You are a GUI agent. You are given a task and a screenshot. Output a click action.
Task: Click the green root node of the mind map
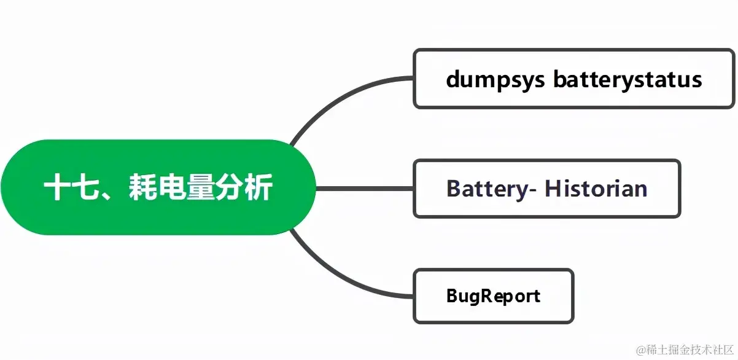158,187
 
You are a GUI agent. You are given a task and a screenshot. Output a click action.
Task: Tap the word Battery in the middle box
485,189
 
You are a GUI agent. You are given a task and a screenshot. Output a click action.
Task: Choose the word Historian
596,189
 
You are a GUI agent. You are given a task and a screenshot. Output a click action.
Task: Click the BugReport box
494,296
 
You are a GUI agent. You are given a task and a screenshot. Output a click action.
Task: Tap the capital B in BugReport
452,296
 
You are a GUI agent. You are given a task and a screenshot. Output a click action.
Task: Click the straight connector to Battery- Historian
365,189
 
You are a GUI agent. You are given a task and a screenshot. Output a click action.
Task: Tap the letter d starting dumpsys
453,80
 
